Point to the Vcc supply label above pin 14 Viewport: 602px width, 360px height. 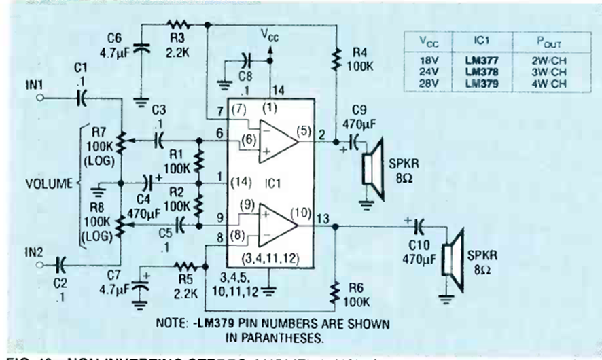270,36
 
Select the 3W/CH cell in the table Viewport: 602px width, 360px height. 548,71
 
